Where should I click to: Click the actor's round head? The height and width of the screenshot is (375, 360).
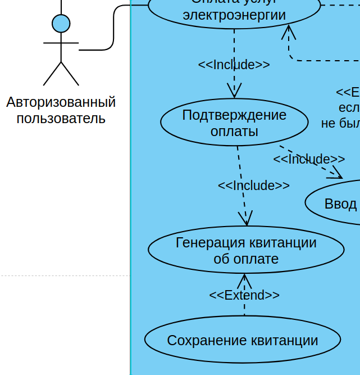click(61, 24)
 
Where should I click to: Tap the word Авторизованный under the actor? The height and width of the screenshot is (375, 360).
click(61, 102)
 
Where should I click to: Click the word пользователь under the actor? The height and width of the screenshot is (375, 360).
click(61, 119)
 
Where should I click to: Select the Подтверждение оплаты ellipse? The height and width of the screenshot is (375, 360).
click(234, 123)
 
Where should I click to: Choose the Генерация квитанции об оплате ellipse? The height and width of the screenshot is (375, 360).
click(246, 250)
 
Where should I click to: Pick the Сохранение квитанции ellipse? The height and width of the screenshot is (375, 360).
click(243, 340)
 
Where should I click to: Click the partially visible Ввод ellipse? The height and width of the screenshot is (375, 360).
click(337, 203)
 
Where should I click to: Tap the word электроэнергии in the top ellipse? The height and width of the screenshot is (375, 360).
click(234, 15)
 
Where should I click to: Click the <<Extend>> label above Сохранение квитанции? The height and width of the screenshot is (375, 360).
click(244, 295)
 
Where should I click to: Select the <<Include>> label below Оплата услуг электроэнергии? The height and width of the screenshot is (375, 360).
click(234, 65)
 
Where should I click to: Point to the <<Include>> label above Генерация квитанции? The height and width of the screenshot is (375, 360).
click(254, 186)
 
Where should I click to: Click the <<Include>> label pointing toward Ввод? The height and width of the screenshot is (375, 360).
click(309, 159)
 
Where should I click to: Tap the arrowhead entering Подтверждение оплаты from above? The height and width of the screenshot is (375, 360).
click(234, 92)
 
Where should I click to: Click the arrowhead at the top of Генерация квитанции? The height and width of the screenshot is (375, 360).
click(246, 220)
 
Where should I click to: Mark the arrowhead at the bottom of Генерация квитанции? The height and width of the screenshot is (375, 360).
click(244, 279)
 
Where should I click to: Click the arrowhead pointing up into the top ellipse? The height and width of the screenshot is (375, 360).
click(289, 31)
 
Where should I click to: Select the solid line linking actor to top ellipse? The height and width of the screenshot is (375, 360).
click(113, 28)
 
